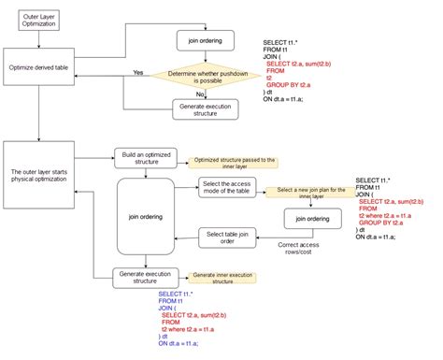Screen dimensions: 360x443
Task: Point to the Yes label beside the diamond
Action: (x=138, y=72)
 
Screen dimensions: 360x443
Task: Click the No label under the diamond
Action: (x=199, y=94)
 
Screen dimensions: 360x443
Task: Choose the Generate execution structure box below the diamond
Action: (x=205, y=109)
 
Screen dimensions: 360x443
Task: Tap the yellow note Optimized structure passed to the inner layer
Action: (x=233, y=162)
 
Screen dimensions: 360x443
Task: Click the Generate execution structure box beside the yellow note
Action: (x=145, y=277)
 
